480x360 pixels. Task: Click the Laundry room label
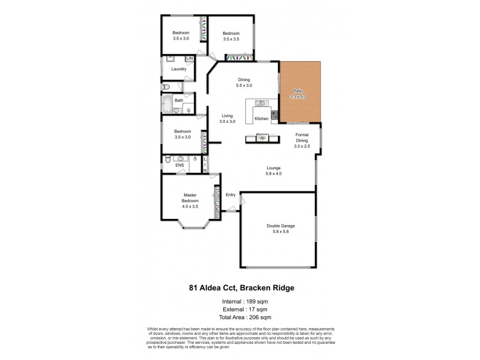[x=178, y=69]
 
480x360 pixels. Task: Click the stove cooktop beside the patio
[x=274, y=115]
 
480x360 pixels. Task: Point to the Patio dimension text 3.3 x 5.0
[x=298, y=96]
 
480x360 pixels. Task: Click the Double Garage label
[x=280, y=226]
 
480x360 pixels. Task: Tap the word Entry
[x=230, y=194]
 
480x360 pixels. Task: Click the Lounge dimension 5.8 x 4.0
[x=274, y=173]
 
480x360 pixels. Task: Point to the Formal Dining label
[x=302, y=138]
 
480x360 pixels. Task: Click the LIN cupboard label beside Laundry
[x=190, y=58]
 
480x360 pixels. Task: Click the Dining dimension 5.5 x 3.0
[x=244, y=86]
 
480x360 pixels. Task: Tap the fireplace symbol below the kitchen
[x=262, y=139]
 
